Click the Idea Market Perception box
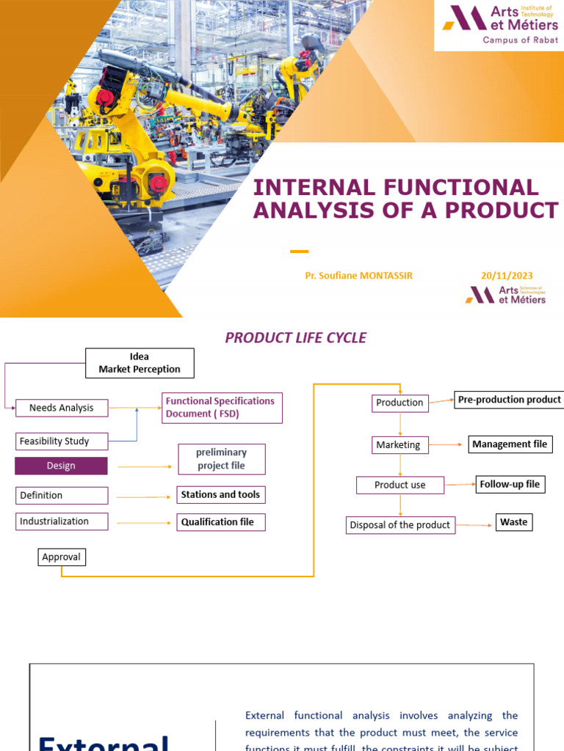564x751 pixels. [x=140, y=363]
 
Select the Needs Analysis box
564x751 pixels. [x=62, y=408]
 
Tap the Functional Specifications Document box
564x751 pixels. [x=222, y=408]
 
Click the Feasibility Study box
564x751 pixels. [x=62, y=442]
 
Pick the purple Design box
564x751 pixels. [x=62, y=466]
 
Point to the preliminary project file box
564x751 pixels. [x=222, y=459]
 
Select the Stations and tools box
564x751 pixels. [x=220, y=495]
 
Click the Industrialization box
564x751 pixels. [x=62, y=521]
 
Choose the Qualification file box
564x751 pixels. [x=220, y=522]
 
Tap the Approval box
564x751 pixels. [x=62, y=557]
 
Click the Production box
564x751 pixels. [x=399, y=403]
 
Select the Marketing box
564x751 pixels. [x=398, y=445]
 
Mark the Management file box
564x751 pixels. [x=510, y=444]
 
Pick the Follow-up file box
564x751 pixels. [x=510, y=485]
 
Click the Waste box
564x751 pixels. [x=514, y=522]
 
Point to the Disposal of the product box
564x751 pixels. [x=400, y=525]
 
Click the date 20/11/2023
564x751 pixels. [x=507, y=276]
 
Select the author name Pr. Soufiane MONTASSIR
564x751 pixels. [x=359, y=276]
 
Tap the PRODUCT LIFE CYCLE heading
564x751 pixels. [x=295, y=338]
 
